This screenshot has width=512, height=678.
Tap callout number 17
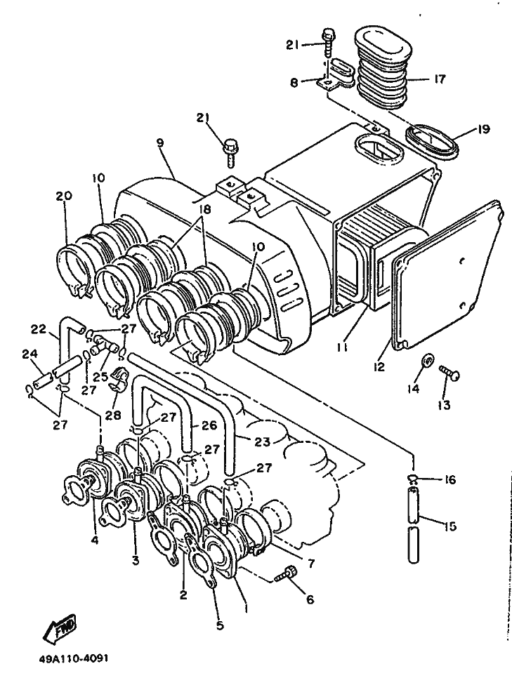click(439, 79)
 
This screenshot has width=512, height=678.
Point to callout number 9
click(161, 143)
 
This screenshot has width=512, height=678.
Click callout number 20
click(64, 196)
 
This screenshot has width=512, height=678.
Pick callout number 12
click(379, 366)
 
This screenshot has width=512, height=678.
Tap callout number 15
click(450, 526)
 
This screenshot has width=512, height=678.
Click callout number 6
click(310, 599)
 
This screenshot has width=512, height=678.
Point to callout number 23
click(262, 442)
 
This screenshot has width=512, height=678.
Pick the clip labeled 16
click(414, 478)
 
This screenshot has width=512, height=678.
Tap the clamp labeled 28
click(117, 379)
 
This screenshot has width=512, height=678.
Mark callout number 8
click(294, 82)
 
